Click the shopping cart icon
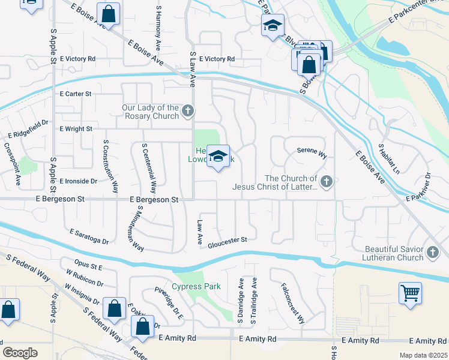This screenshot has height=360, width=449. [411, 293]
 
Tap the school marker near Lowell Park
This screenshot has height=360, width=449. [218, 157]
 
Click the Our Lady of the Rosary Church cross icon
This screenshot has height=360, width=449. [188, 111]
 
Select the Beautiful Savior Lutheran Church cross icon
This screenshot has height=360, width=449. [433, 253]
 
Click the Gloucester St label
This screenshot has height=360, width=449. [228, 241]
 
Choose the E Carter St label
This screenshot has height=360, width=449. [75, 94]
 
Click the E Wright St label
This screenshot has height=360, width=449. [75, 129]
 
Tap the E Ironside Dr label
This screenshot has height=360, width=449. [77, 181]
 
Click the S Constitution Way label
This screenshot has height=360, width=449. [110, 166]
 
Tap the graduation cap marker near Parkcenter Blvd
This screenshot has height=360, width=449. [272, 25]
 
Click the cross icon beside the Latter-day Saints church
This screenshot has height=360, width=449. [326, 181]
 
